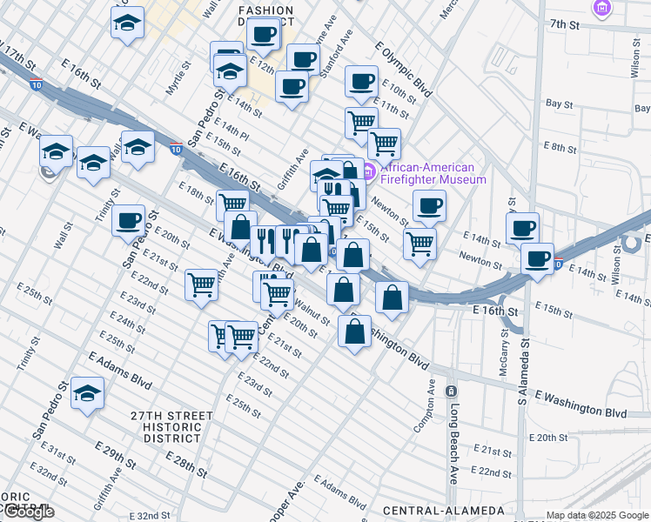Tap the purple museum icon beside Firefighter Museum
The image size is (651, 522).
367,172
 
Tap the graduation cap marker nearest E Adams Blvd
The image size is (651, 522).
87,393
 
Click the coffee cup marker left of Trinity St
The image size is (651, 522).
128,219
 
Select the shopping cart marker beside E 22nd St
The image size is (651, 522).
202,283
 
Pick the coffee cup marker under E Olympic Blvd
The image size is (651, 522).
360,82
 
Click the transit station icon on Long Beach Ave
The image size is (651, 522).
451,391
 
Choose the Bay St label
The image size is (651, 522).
560,104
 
